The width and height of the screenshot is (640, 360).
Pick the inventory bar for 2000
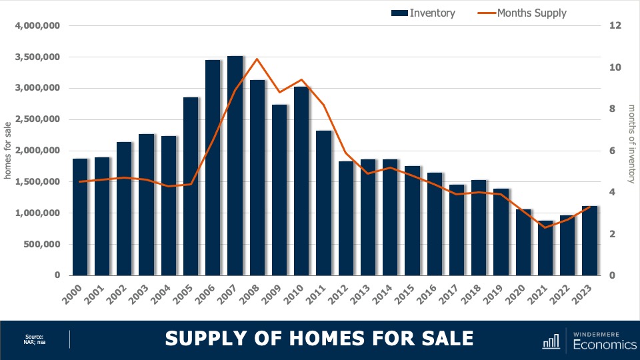(x=80, y=217)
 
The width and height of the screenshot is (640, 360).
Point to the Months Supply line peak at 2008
(x=257, y=59)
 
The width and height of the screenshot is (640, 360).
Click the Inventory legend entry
(x=423, y=13)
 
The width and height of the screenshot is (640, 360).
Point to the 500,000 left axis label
(x=42, y=244)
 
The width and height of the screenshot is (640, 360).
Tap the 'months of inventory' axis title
(x=631, y=143)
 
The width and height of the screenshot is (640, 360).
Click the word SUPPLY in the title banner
(x=201, y=339)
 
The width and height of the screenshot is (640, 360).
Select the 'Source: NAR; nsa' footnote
(x=34, y=339)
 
